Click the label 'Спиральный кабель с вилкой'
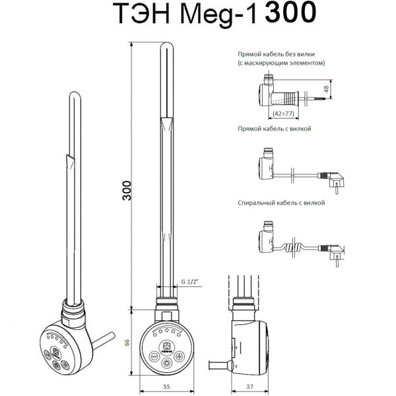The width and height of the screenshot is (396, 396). [x=281, y=203]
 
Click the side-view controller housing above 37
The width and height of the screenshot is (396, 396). [x=252, y=341]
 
